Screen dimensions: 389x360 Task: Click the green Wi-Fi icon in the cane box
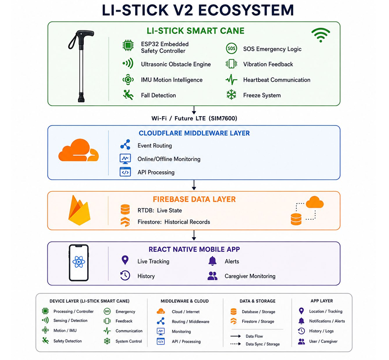click(321, 35)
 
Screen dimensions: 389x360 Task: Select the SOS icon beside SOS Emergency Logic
click(231, 48)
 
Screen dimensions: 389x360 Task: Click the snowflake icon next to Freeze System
click(231, 95)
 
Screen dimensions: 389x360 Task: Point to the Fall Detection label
click(158, 95)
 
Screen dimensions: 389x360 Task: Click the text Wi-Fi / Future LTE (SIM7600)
click(194, 118)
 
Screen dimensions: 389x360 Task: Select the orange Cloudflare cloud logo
click(78, 150)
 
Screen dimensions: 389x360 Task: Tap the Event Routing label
click(155, 146)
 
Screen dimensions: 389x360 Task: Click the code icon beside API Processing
click(125, 172)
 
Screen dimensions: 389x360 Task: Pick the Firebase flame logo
click(79, 210)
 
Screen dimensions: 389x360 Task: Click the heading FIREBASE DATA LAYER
click(194, 199)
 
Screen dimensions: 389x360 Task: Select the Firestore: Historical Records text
click(173, 222)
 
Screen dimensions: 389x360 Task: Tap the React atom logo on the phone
click(78, 262)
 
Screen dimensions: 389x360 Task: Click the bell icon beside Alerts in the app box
click(213, 261)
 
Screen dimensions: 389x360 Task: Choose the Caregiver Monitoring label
click(250, 276)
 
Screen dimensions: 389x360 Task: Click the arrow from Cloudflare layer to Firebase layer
click(194, 185)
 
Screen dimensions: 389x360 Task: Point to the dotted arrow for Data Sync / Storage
click(235, 344)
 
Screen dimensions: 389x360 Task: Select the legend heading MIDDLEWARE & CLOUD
click(185, 301)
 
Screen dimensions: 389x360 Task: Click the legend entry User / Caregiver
click(323, 342)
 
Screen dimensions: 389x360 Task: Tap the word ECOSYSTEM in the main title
click(246, 10)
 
